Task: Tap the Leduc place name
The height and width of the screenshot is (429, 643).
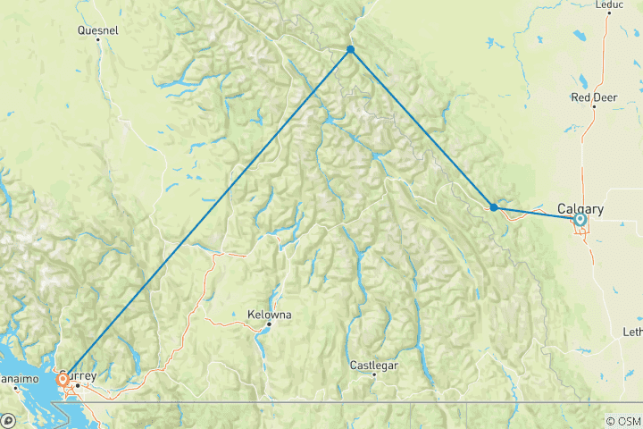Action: [x=608, y=4]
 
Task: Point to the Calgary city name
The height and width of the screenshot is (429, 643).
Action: [x=580, y=209]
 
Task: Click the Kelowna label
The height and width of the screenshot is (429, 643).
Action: [x=269, y=315]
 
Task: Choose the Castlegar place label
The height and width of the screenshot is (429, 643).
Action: [x=373, y=365]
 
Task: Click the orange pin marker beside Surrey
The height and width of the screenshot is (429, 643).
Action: [x=63, y=379]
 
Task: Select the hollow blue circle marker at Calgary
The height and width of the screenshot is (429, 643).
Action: [x=580, y=219]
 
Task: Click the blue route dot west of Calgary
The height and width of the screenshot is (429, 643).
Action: [x=494, y=207]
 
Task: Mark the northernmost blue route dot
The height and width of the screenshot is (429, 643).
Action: [x=350, y=49]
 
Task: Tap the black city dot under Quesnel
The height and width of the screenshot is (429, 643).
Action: [x=98, y=39]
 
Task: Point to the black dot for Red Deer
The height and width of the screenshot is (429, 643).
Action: [x=594, y=106]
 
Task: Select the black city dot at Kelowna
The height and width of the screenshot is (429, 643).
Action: [x=268, y=324]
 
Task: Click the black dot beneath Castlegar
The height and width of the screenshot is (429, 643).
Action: [x=374, y=374]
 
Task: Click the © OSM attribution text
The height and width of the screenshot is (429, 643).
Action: [x=622, y=421]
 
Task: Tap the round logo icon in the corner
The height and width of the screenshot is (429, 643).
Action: [x=7, y=420]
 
